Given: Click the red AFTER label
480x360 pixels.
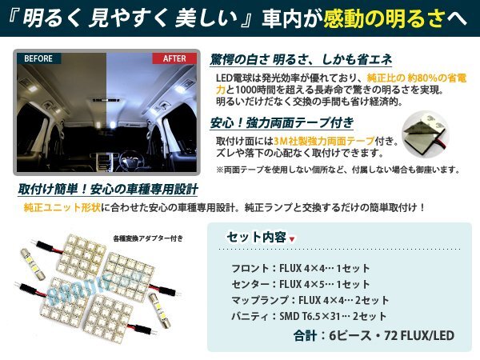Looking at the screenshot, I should coord(174,59).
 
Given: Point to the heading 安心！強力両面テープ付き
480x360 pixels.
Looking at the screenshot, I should coord(270,123).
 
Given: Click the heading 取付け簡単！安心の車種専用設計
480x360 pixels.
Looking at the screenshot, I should coord(108,190).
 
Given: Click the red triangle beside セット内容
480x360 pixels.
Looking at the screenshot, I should coord(291,238).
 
